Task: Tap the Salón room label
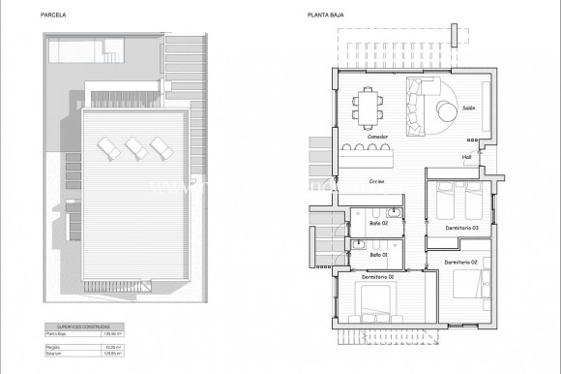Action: [468, 108]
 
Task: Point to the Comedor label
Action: [379, 138]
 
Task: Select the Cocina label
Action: [378, 181]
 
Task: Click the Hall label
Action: [466, 156]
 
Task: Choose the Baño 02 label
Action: [378, 224]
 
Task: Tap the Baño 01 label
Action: [378, 255]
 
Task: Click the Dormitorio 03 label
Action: [462, 228]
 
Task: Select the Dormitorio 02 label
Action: [461, 262]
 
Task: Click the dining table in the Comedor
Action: [368, 105]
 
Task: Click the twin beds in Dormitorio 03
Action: [455, 201]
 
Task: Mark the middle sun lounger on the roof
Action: [133, 148]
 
